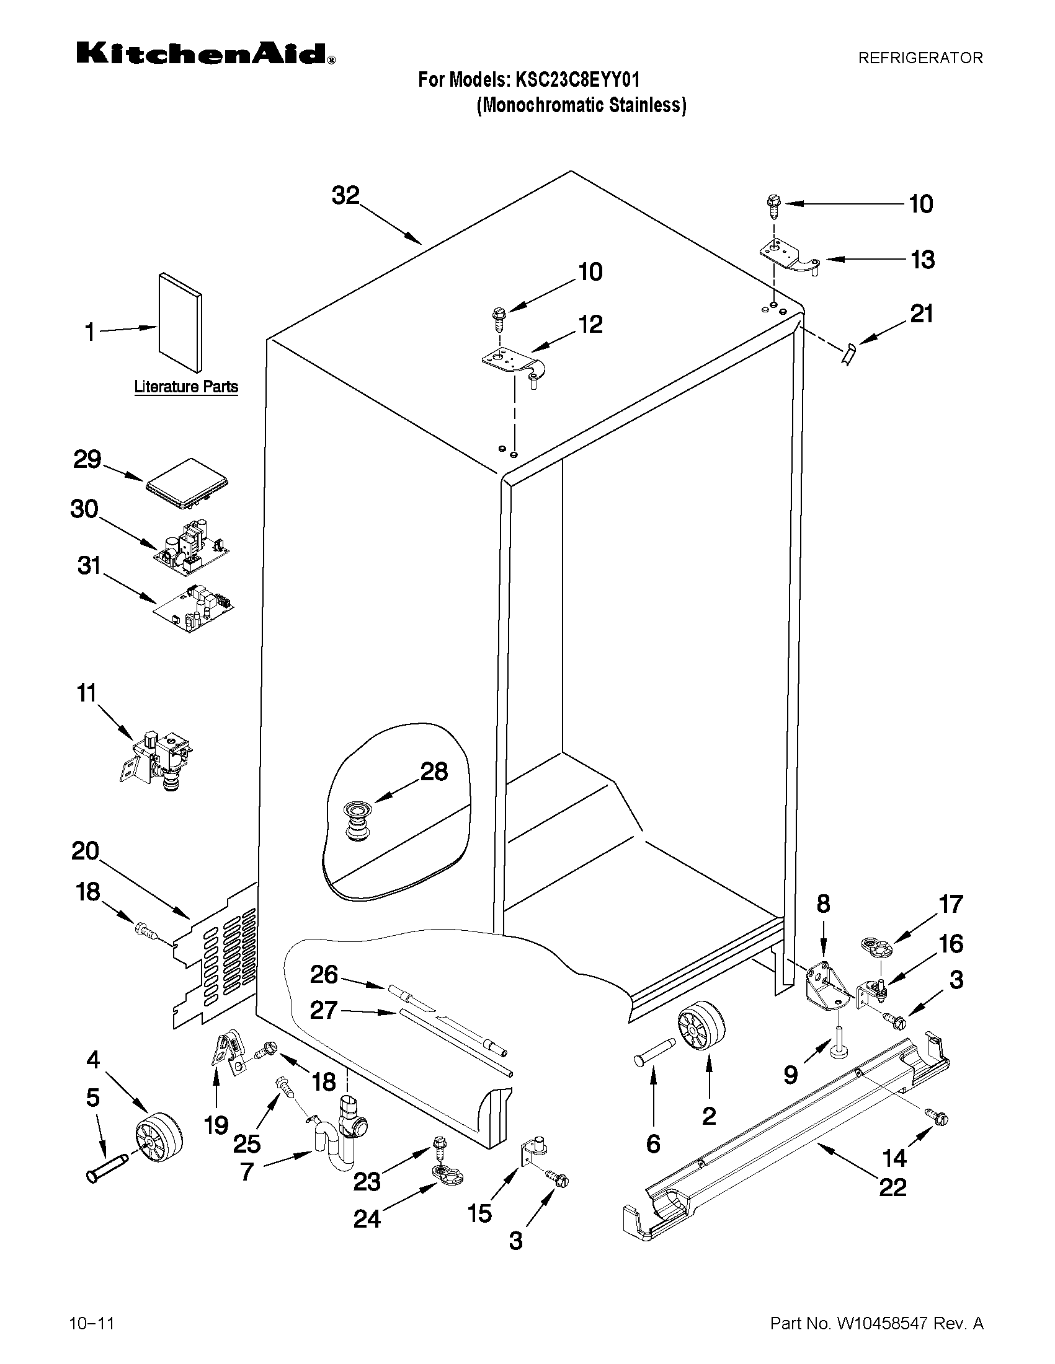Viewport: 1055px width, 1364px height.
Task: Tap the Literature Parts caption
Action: [x=186, y=387]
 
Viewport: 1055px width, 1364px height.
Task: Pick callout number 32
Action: [x=345, y=195]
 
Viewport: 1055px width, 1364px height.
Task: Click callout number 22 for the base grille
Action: [x=892, y=1187]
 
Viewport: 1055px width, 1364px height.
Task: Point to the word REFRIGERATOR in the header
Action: [x=920, y=58]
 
